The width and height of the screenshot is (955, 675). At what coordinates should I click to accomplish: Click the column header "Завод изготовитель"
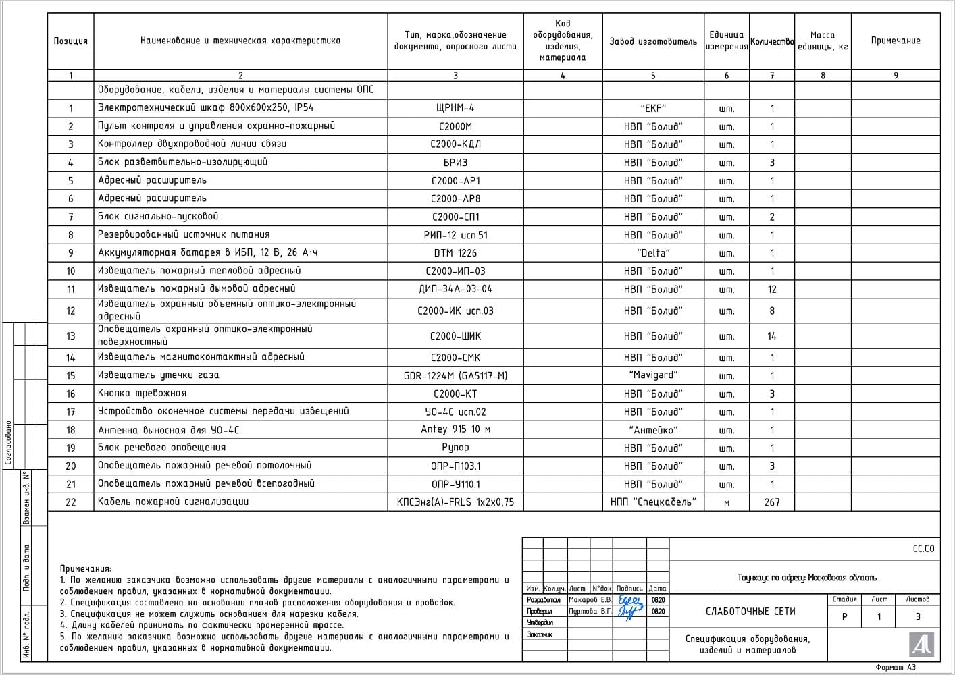point(652,41)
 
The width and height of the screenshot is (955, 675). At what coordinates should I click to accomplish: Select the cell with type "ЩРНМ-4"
point(455,108)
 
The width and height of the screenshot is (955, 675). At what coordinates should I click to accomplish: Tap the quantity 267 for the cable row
point(771,502)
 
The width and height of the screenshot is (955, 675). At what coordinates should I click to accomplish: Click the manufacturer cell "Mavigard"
point(652,375)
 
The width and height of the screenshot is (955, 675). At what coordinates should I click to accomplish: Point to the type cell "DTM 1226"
point(455,253)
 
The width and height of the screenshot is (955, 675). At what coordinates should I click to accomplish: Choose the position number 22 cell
point(70,502)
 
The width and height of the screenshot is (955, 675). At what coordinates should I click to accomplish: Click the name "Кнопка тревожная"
point(142,394)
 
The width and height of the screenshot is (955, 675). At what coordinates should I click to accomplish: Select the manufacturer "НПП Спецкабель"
point(652,502)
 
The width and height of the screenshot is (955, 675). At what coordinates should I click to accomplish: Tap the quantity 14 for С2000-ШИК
point(771,336)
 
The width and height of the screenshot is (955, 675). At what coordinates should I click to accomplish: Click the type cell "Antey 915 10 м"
point(455,430)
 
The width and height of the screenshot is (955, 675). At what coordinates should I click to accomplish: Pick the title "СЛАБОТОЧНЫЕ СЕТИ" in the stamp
point(750,612)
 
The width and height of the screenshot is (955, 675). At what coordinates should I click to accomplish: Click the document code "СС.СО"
point(923,549)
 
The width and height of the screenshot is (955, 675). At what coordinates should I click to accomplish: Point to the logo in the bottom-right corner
point(921,645)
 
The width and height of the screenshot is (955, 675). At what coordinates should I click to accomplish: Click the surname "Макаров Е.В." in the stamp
point(590,600)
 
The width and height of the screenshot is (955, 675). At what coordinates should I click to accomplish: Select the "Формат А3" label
point(896,668)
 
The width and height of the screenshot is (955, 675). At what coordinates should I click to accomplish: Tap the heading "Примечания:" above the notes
point(85,569)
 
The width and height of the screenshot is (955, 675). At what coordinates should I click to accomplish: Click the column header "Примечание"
point(895,41)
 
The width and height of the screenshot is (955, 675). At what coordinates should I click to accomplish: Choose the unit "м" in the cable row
point(726,503)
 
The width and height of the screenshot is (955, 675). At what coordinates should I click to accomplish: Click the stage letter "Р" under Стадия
point(844,617)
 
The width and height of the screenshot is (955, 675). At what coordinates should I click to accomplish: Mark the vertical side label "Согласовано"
point(8,443)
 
